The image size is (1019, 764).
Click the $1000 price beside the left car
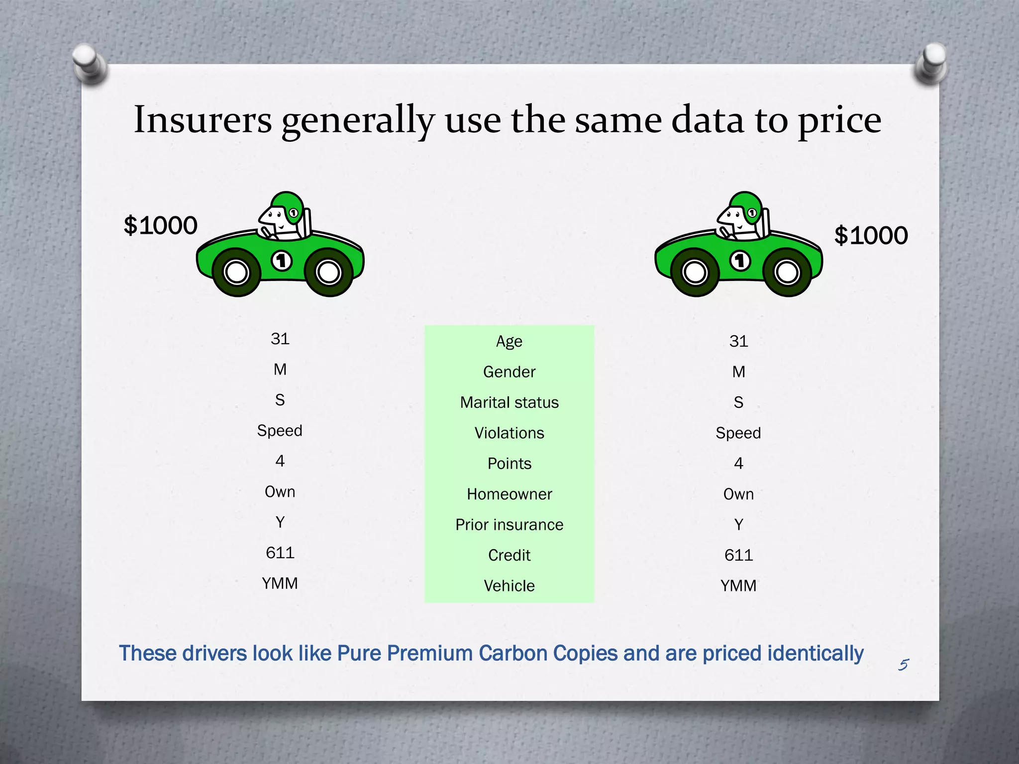(160, 225)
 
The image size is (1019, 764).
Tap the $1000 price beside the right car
(871, 235)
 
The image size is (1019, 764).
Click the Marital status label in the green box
(509, 402)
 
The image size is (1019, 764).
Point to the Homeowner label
(509, 494)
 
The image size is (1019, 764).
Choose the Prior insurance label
(509, 525)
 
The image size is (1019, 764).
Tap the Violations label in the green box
(509, 433)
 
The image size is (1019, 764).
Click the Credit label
(509, 555)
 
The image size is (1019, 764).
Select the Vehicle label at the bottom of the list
(509, 586)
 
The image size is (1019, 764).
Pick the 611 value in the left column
(280, 553)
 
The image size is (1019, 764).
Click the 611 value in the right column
(738, 555)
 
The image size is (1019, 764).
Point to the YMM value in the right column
(738, 586)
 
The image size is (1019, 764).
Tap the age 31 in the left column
(280, 339)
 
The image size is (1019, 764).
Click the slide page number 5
(904, 665)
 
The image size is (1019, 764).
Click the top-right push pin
(930, 62)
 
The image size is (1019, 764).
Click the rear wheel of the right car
(696, 272)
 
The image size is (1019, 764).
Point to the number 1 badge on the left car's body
(282, 261)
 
